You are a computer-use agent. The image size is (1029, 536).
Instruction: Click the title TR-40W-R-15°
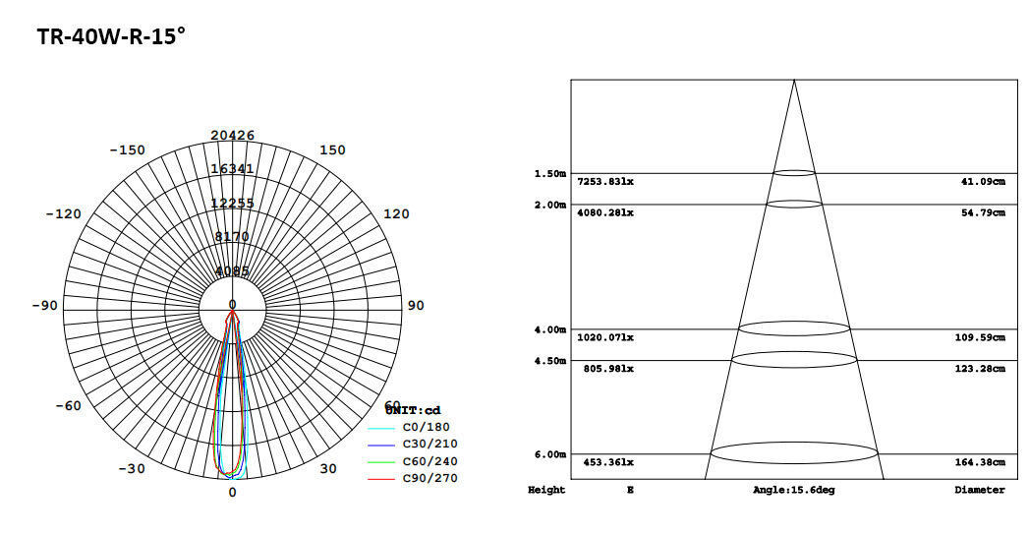[111, 37]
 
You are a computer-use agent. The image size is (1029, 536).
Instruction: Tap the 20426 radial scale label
[232, 136]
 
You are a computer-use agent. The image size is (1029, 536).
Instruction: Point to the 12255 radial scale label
[232, 204]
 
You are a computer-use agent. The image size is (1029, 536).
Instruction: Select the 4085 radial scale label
[232, 271]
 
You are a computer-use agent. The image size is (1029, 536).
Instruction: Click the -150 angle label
[127, 150]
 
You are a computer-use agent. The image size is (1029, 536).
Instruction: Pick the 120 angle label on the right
[396, 214]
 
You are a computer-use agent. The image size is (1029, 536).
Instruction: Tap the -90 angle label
[44, 306]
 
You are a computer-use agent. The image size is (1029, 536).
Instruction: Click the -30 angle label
[131, 469]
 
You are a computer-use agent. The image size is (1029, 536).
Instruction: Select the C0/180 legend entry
[427, 428]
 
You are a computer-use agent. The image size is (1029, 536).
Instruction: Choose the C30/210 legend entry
[429, 445]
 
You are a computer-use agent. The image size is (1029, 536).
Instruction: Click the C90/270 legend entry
[429, 479]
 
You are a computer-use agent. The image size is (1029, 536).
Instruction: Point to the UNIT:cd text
[413, 410]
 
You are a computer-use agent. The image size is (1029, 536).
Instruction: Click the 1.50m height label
[549, 174]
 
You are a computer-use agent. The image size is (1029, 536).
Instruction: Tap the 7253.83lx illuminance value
[605, 182]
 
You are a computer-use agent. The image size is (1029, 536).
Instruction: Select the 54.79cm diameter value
[983, 213]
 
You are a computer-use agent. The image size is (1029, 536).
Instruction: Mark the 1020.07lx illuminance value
[605, 338]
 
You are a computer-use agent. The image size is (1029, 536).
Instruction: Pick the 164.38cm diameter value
[983, 463]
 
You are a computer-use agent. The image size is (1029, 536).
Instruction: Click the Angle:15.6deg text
[793, 490]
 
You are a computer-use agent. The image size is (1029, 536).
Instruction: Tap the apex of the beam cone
[794, 81]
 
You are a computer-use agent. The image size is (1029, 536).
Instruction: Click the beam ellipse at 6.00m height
[794, 453]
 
